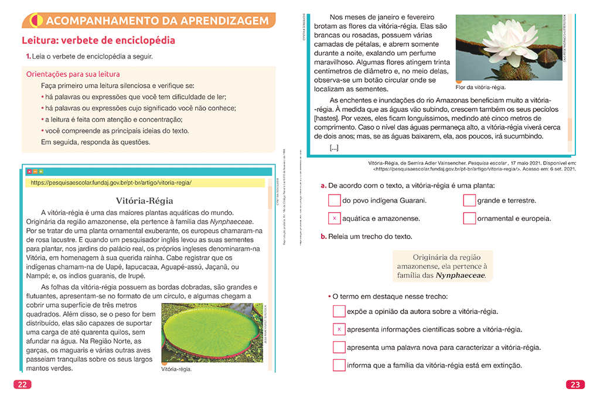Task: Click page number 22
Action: tap(22, 385)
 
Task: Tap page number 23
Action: tap(575, 385)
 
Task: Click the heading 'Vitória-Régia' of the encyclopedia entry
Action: tap(145, 200)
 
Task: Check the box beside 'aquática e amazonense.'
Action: tap(334, 219)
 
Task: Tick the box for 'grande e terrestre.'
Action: tap(469, 200)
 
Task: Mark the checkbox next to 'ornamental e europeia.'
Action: tap(469, 219)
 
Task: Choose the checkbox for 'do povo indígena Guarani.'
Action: tap(334, 200)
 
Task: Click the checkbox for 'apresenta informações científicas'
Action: tap(339, 329)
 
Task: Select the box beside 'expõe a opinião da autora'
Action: tap(339, 311)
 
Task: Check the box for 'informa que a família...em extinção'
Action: tap(339, 366)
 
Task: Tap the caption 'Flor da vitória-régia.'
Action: tap(479, 87)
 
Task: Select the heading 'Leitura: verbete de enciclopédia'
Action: tap(98, 41)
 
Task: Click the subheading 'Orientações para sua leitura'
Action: tap(73, 74)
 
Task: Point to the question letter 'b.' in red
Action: tap(323, 237)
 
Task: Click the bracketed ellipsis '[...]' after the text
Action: tap(334, 148)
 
